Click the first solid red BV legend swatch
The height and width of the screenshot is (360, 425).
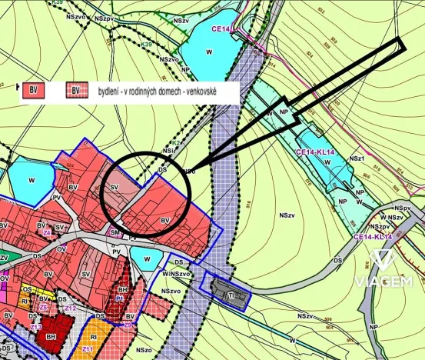[34, 91]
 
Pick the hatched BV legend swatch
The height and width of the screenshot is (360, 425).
[75, 91]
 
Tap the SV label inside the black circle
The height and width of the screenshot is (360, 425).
[115, 187]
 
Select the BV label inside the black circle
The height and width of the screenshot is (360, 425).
[164, 220]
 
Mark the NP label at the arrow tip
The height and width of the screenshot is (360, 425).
[284, 112]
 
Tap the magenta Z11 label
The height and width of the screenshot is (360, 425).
[87, 350]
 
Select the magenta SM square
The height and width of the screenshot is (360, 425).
[115, 233]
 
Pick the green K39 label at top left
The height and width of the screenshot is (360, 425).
[58, 4]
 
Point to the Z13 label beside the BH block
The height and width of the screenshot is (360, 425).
[35, 327]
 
